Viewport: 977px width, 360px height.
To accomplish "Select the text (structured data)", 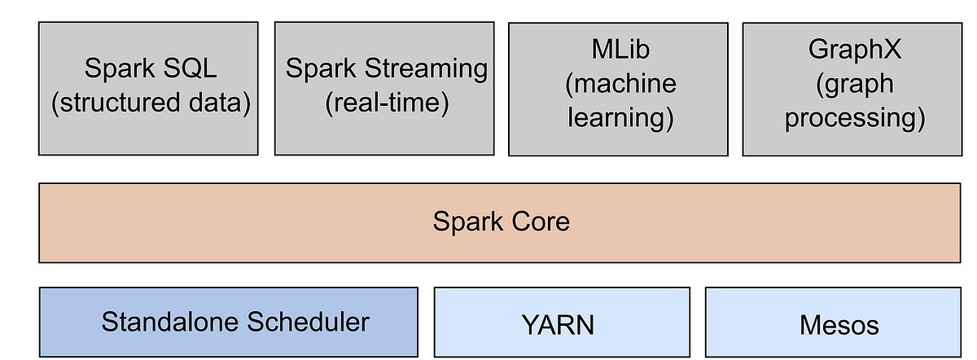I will point(149,103).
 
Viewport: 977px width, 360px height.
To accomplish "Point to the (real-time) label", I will point(387,103).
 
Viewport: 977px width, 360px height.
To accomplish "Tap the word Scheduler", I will point(304,323).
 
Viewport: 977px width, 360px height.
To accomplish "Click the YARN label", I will point(558,326).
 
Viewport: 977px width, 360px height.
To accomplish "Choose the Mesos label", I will point(839,326).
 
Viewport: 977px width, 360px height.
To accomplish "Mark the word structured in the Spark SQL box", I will point(126,103).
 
